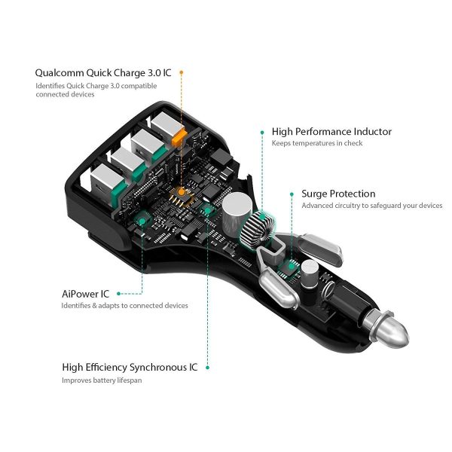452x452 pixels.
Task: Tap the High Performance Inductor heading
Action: [331, 131]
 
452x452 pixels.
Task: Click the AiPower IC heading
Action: [86, 293]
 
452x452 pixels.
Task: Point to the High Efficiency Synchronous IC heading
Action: [130, 368]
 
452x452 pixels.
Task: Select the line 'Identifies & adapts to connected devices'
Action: [125, 305]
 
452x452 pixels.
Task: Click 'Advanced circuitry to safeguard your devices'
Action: [371, 206]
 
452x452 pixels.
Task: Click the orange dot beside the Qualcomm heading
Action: [182, 73]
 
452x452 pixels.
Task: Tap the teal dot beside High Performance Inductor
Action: [262, 131]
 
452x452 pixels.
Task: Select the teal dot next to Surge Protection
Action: [292, 194]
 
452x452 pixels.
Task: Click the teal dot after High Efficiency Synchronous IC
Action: [207, 368]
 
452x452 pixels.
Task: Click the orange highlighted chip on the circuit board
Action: [182, 196]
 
